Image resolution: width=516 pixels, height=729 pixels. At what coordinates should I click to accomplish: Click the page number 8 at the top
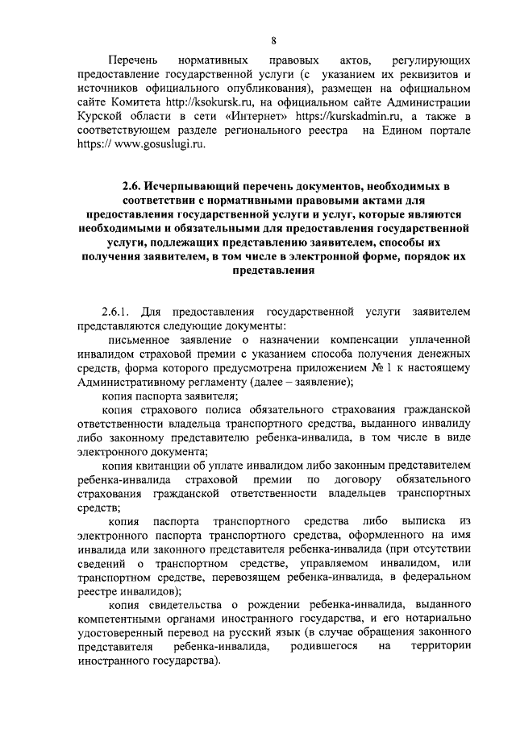coord(274,41)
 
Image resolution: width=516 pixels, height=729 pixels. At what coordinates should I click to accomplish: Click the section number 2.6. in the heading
coord(132,186)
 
